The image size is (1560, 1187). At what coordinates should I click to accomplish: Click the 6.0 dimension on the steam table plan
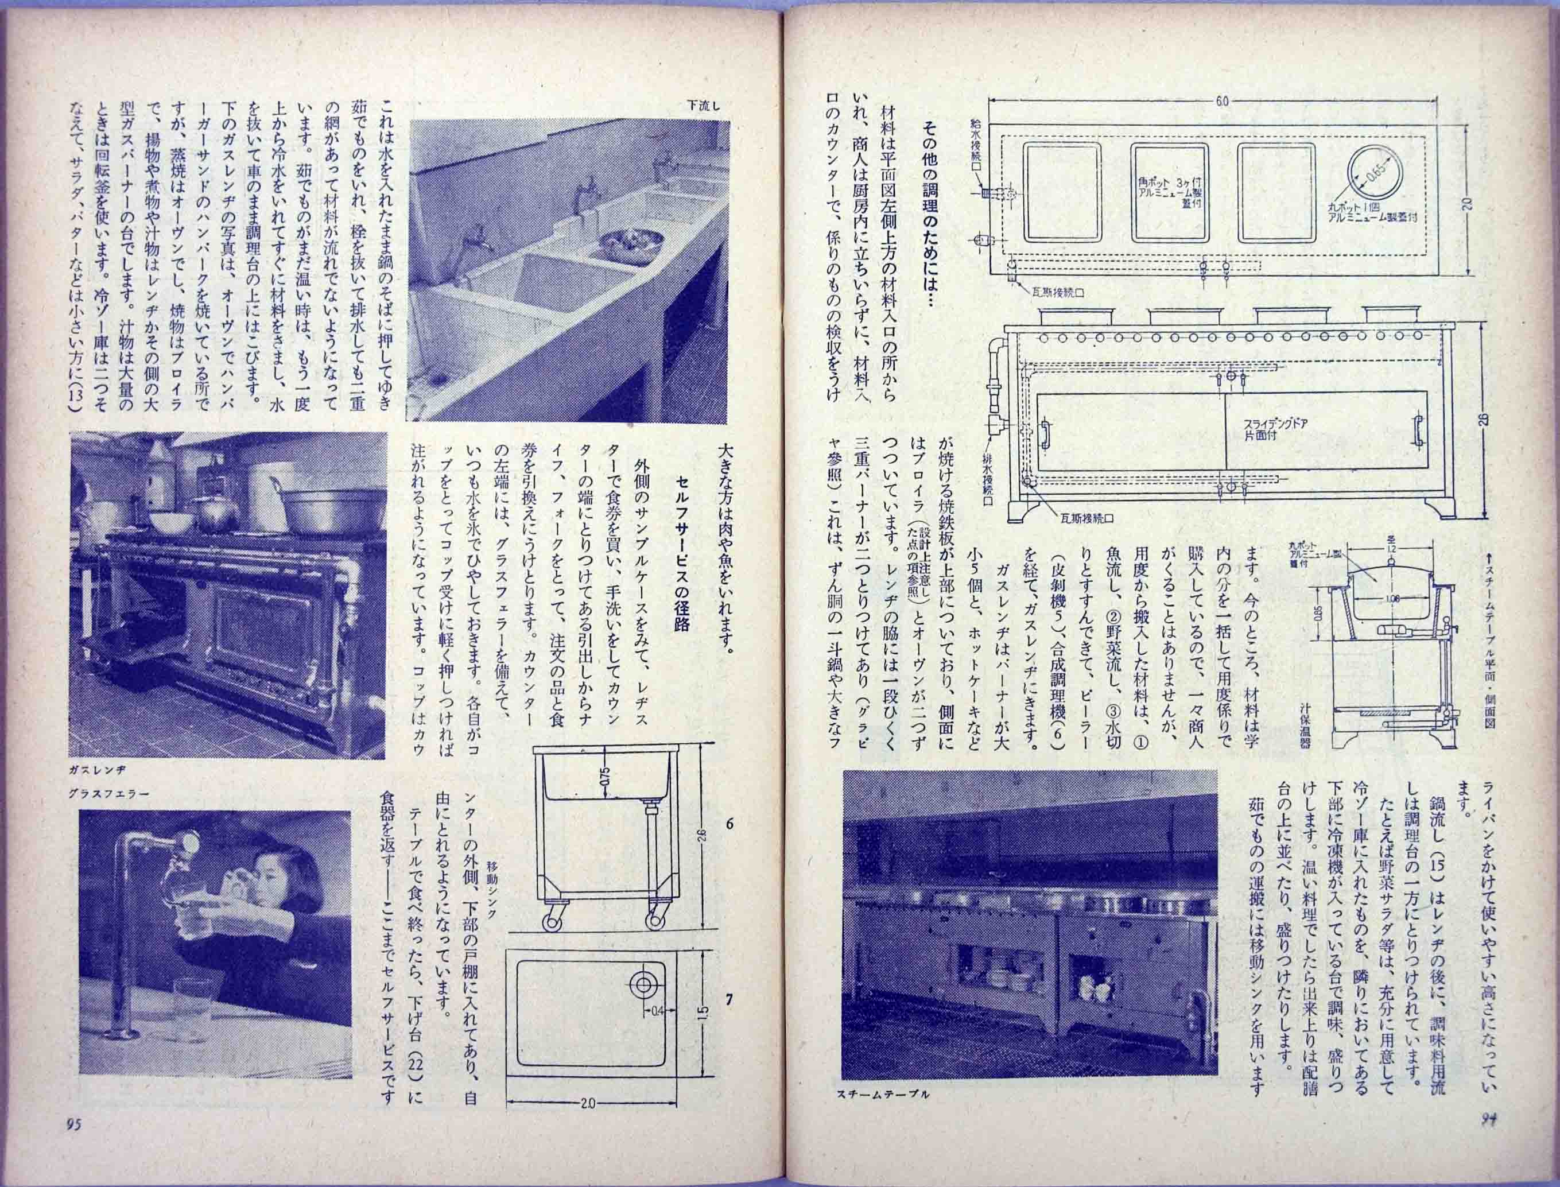pyautogui.click(x=1223, y=101)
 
